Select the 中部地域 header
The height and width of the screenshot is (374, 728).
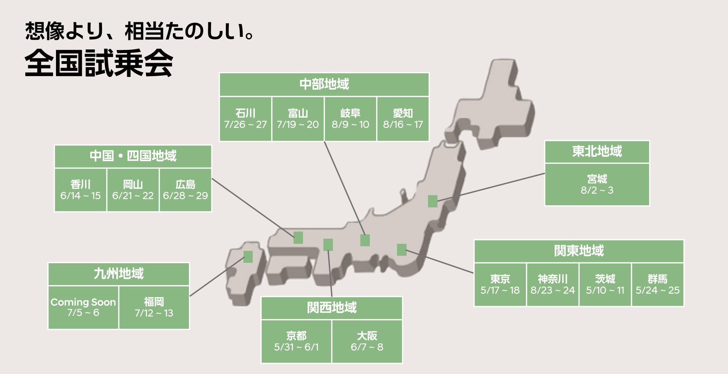click(x=324, y=84)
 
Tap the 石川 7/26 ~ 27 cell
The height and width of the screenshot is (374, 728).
click(x=245, y=119)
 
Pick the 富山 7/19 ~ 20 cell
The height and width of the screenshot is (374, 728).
click(x=298, y=119)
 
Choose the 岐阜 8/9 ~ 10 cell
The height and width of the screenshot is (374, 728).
click(x=350, y=119)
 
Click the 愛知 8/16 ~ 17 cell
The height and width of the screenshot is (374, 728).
click(x=403, y=119)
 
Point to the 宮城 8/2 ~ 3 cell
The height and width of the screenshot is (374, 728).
click(x=597, y=184)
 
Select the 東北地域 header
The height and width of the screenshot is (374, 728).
click(x=597, y=152)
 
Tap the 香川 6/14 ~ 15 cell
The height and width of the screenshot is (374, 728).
click(x=80, y=190)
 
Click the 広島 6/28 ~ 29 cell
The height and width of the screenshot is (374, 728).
click(x=185, y=190)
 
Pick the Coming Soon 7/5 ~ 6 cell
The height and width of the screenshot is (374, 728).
click(x=83, y=307)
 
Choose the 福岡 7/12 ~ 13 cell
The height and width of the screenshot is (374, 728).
click(x=154, y=307)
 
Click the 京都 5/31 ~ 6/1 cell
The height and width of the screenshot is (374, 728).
click(x=296, y=341)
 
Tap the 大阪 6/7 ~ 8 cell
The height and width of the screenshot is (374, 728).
click(x=367, y=341)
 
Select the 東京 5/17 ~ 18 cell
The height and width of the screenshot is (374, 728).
click(x=500, y=284)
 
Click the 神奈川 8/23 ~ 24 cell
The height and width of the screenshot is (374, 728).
click(x=553, y=284)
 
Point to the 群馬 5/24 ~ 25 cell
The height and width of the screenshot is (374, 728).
click(x=657, y=284)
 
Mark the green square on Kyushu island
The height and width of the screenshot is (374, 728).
click(x=248, y=257)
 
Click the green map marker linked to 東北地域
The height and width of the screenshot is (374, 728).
click(x=432, y=201)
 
